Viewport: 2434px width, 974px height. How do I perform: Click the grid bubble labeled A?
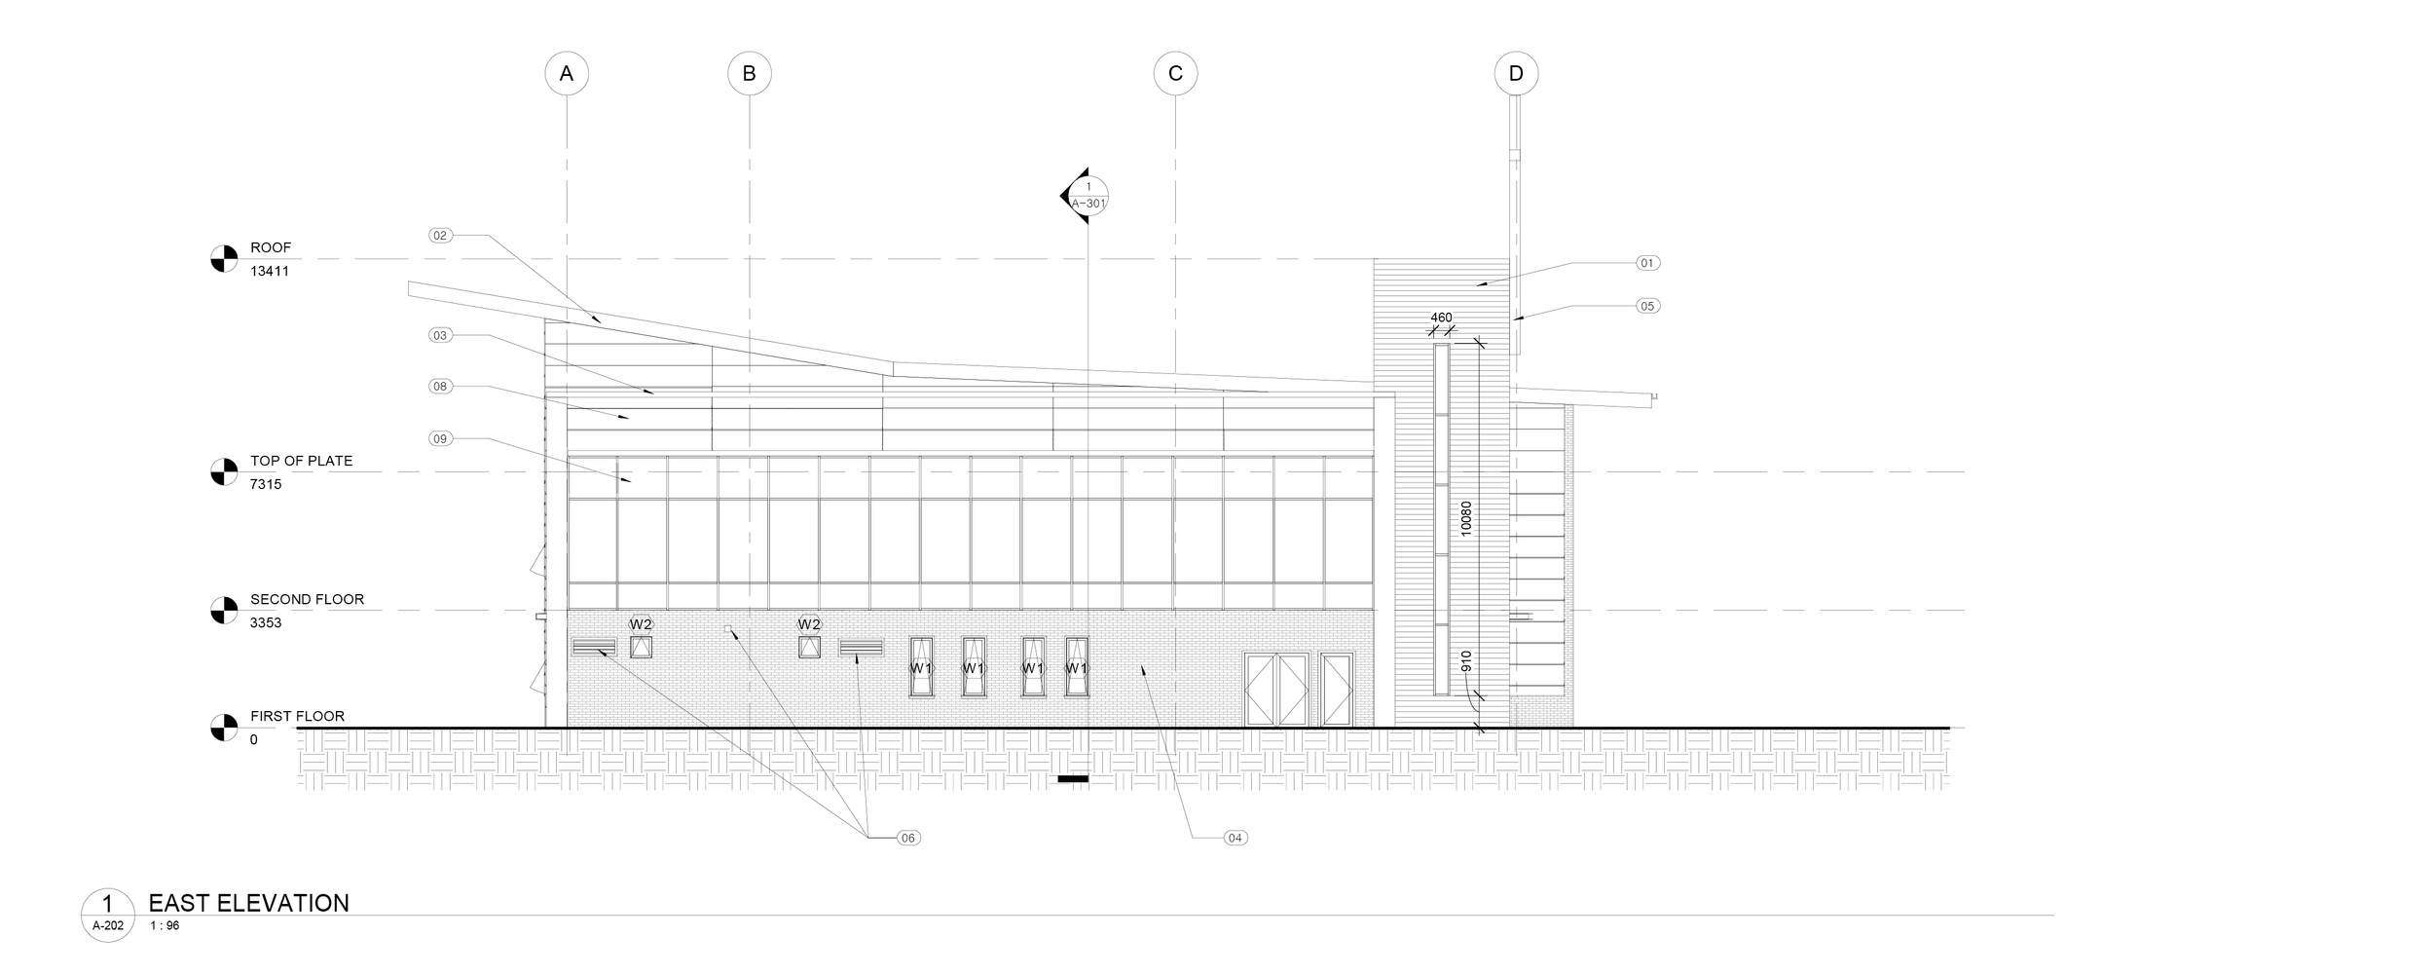[x=567, y=73]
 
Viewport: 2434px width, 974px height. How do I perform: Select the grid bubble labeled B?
[x=750, y=73]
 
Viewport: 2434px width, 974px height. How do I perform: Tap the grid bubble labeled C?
[x=1175, y=73]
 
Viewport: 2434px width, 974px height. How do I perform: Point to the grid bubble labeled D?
[x=1516, y=73]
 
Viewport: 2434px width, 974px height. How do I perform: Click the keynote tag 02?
[x=441, y=235]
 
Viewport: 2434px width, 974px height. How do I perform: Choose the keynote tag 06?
[x=907, y=838]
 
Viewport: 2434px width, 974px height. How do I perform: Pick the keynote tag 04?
[x=1235, y=838]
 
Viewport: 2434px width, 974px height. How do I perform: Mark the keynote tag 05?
[x=1647, y=306]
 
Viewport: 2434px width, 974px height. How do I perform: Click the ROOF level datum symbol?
[x=224, y=259]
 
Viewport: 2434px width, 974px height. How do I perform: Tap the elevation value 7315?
[x=266, y=484]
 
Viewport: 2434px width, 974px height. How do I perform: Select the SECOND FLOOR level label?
[x=307, y=600]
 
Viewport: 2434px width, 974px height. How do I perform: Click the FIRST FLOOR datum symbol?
[x=224, y=728]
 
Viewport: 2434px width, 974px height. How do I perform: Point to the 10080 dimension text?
[x=1466, y=519]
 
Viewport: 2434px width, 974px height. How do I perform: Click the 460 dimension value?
[x=1441, y=318]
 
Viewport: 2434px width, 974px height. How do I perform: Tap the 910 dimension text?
[x=1466, y=661]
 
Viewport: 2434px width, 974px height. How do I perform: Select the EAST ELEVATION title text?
[x=248, y=903]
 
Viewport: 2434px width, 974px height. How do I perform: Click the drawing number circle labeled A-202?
[x=108, y=915]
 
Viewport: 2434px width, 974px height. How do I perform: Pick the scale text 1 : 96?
[x=165, y=926]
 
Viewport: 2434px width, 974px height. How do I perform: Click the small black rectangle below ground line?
[x=1073, y=779]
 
